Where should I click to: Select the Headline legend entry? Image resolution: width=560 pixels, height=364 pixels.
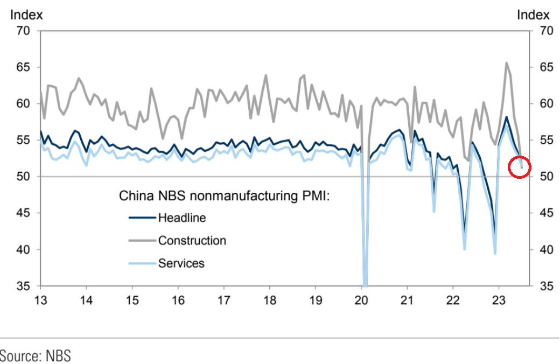(182, 218)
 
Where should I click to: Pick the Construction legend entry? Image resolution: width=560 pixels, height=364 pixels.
(192, 241)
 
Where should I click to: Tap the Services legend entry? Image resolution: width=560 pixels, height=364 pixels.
(181, 263)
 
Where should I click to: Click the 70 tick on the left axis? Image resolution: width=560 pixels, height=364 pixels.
(22, 31)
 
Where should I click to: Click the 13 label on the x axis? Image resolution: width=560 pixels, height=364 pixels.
(41, 300)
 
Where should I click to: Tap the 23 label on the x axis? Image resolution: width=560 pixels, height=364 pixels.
(499, 300)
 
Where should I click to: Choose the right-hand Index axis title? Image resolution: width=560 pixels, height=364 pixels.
(533, 15)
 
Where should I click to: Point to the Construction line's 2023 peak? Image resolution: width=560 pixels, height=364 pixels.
(506, 62)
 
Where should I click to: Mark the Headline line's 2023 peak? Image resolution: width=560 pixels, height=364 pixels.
(506, 117)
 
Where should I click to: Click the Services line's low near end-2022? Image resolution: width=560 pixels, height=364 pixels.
(495, 254)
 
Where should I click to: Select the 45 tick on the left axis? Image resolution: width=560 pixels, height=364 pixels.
(22, 213)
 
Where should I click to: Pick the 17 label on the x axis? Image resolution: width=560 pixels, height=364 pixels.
(224, 300)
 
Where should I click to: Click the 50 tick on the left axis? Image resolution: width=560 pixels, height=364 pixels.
(22, 177)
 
